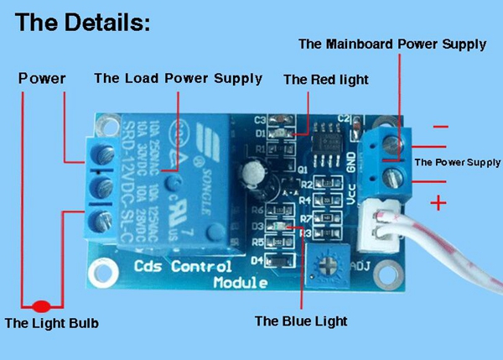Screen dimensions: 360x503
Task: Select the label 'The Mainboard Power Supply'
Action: (x=392, y=44)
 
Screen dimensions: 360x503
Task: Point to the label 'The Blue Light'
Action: (x=300, y=321)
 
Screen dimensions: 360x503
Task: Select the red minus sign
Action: (x=440, y=126)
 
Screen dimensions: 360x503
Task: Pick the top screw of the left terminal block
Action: (x=106, y=152)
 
